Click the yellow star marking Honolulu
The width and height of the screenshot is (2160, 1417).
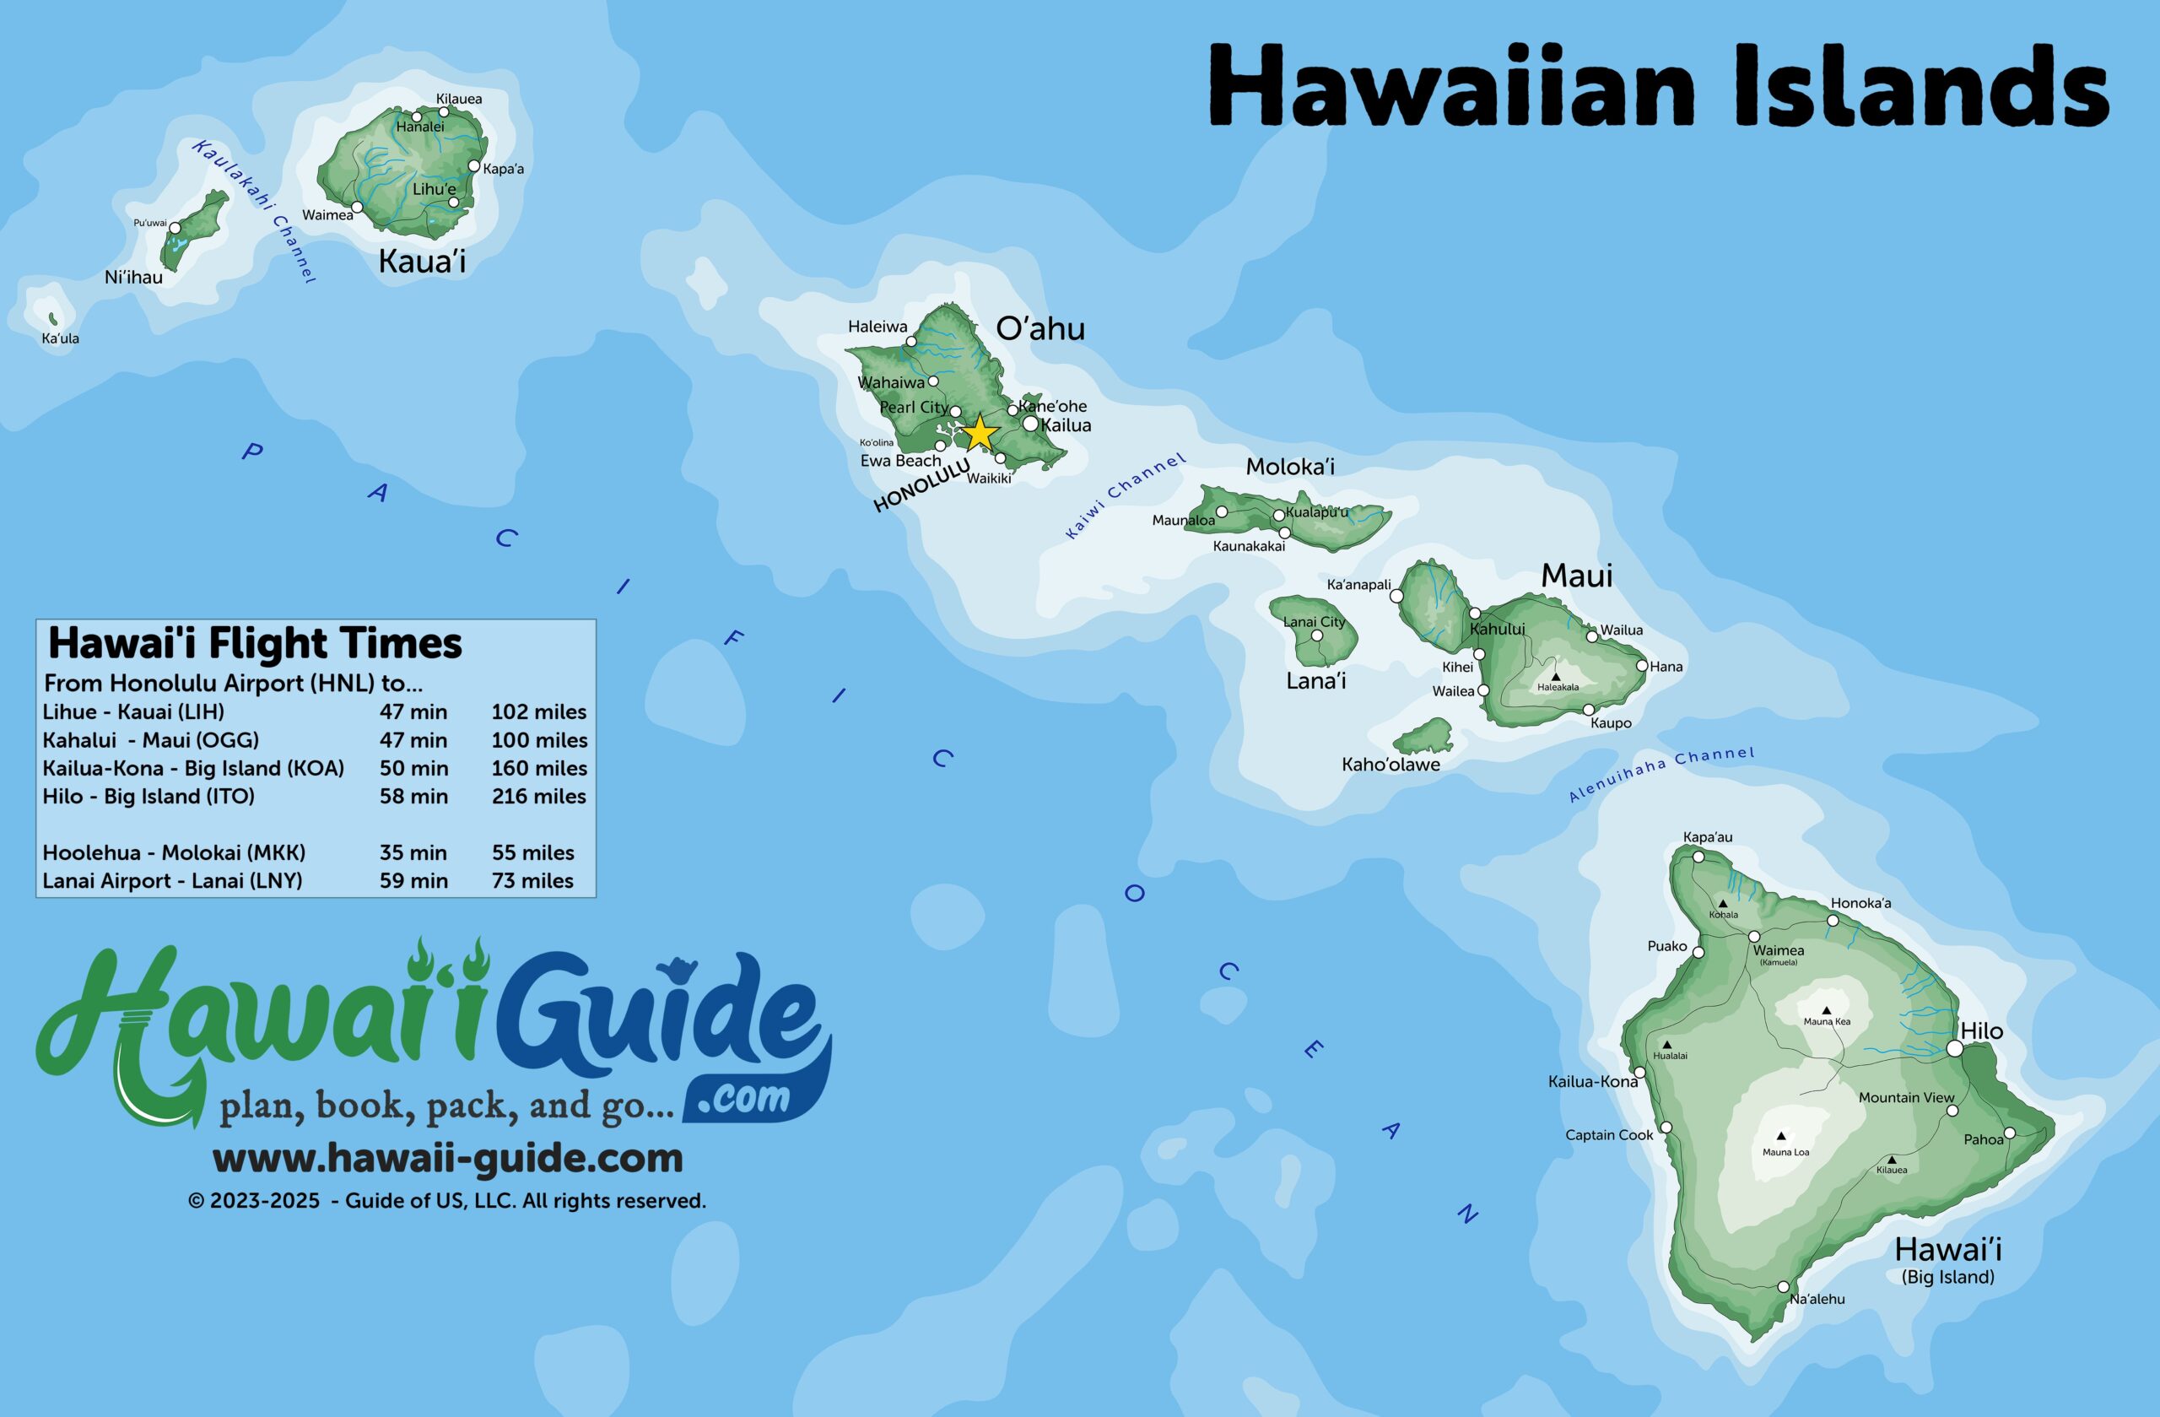[980, 433]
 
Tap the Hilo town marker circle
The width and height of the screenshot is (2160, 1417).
[1955, 1048]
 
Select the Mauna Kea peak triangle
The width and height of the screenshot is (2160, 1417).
[1826, 1010]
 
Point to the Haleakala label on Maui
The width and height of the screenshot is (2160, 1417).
[1558, 687]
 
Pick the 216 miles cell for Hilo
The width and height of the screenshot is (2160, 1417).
[538, 796]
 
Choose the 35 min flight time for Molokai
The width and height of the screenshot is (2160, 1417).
[413, 852]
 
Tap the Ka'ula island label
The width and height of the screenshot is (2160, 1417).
[60, 338]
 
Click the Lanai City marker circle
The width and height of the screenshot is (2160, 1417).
[1317, 635]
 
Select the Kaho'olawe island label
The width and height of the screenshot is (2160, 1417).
[1390, 765]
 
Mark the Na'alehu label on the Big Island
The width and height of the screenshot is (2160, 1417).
[1817, 1299]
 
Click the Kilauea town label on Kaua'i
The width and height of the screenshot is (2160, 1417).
[458, 99]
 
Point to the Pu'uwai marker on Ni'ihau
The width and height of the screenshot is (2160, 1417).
[175, 228]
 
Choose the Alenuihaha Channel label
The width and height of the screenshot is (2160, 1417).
[1660, 773]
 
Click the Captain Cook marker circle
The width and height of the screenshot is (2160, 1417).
[1666, 1128]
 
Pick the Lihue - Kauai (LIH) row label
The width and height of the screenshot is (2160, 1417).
[133, 711]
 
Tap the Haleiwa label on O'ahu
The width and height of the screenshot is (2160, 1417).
[877, 327]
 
